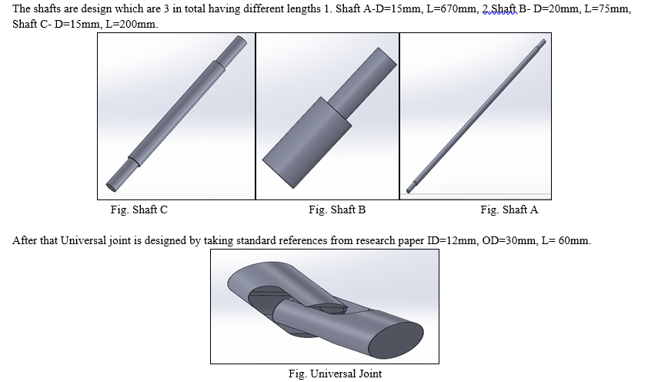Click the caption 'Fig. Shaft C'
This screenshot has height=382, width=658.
pos(139,209)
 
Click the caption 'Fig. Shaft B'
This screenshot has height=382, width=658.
pos(337,209)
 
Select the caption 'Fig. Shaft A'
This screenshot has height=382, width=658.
pos(509,209)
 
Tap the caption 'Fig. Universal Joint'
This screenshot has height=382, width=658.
pos(335,374)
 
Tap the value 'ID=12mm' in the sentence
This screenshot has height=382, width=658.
pos(452,240)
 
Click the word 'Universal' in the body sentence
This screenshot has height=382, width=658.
pos(83,240)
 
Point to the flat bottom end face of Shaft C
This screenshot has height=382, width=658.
pos(111,187)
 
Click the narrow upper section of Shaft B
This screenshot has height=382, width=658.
pos(362,82)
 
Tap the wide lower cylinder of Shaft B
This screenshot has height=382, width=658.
pos(307,142)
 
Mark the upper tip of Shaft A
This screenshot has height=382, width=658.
pos(544,41)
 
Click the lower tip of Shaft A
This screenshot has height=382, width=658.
pos(409,192)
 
